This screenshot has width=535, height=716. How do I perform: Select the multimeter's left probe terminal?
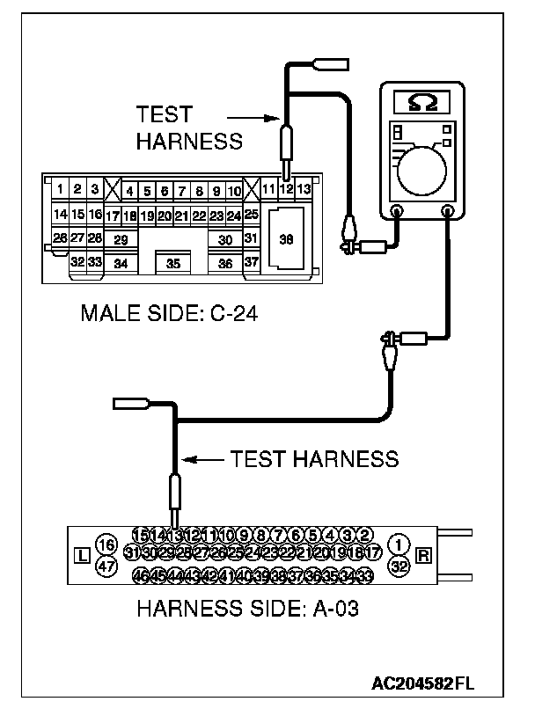(x=396, y=211)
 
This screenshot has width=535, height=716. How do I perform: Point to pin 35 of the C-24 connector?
(x=173, y=263)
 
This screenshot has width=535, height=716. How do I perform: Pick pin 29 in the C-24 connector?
(x=121, y=239)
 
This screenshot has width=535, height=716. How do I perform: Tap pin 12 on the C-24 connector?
(x=286, y=189)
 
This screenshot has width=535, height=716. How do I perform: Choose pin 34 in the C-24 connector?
(x=121, y=263)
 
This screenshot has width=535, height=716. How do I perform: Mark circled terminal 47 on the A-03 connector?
(x=106, y=567)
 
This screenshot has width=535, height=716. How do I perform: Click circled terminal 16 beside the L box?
(x=106, y=544)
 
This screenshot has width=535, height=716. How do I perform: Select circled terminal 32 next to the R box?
(x=399, y=567)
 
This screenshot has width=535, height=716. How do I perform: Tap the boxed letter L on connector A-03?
(x=82, y=556)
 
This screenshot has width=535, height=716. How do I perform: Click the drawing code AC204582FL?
(x=424, y=683)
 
